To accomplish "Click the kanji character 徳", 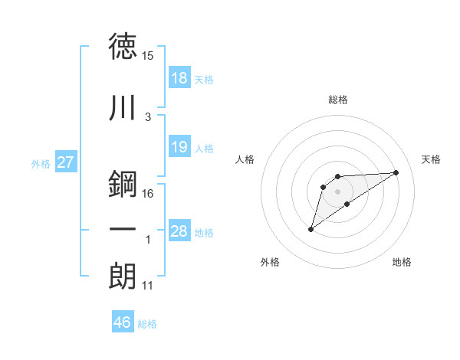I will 123,47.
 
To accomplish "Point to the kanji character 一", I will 123,231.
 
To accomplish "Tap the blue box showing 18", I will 179,78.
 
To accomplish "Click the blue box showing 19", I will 179,147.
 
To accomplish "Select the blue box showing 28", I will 179,231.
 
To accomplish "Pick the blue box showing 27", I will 66,162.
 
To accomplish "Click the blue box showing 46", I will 123,322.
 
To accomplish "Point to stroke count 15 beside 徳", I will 148,56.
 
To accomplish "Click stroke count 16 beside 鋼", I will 148,193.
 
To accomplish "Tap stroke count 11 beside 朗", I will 148,286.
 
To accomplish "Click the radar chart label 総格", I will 338,100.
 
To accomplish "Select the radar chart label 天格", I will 431,159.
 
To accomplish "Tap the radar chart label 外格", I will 270,262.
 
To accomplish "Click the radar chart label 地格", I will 402,262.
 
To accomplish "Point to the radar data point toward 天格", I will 396,172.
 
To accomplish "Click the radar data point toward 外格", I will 311,229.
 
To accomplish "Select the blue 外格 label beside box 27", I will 41,163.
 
